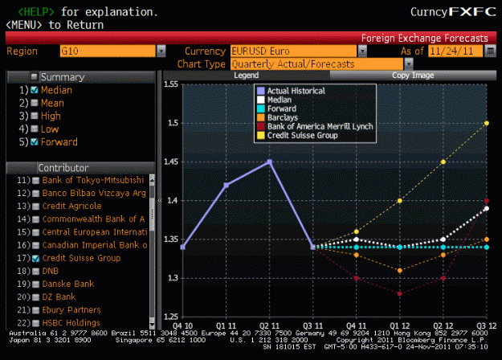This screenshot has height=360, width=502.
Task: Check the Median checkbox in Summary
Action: [35, 90]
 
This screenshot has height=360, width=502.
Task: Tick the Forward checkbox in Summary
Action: [35, 142]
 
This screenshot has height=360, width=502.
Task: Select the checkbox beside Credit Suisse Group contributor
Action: [36, 258]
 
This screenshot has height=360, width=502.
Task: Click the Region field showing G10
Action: [108, 51]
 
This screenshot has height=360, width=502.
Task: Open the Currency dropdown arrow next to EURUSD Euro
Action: [362, 51]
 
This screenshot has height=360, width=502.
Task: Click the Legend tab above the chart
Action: [247, 76]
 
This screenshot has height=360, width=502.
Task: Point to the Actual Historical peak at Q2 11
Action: [270, 162]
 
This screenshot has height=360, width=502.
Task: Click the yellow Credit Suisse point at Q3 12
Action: [487, 123]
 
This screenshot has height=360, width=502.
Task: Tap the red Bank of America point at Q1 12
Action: [400, 293]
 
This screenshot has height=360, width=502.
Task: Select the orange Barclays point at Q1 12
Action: [400, 271]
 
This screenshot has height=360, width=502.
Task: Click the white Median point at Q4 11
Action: [357, 239]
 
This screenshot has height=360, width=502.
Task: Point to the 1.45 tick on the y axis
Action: [171, 162]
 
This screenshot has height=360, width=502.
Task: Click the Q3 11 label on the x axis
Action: [312, 326]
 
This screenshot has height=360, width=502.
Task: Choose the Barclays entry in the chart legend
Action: [283, 117]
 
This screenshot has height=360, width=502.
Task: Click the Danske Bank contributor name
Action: [68, 284]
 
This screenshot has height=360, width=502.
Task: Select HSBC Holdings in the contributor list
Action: [71, 323]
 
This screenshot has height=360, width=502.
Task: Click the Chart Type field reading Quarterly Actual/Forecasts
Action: [316, 64]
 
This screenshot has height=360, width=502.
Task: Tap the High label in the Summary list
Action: [51, 116]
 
